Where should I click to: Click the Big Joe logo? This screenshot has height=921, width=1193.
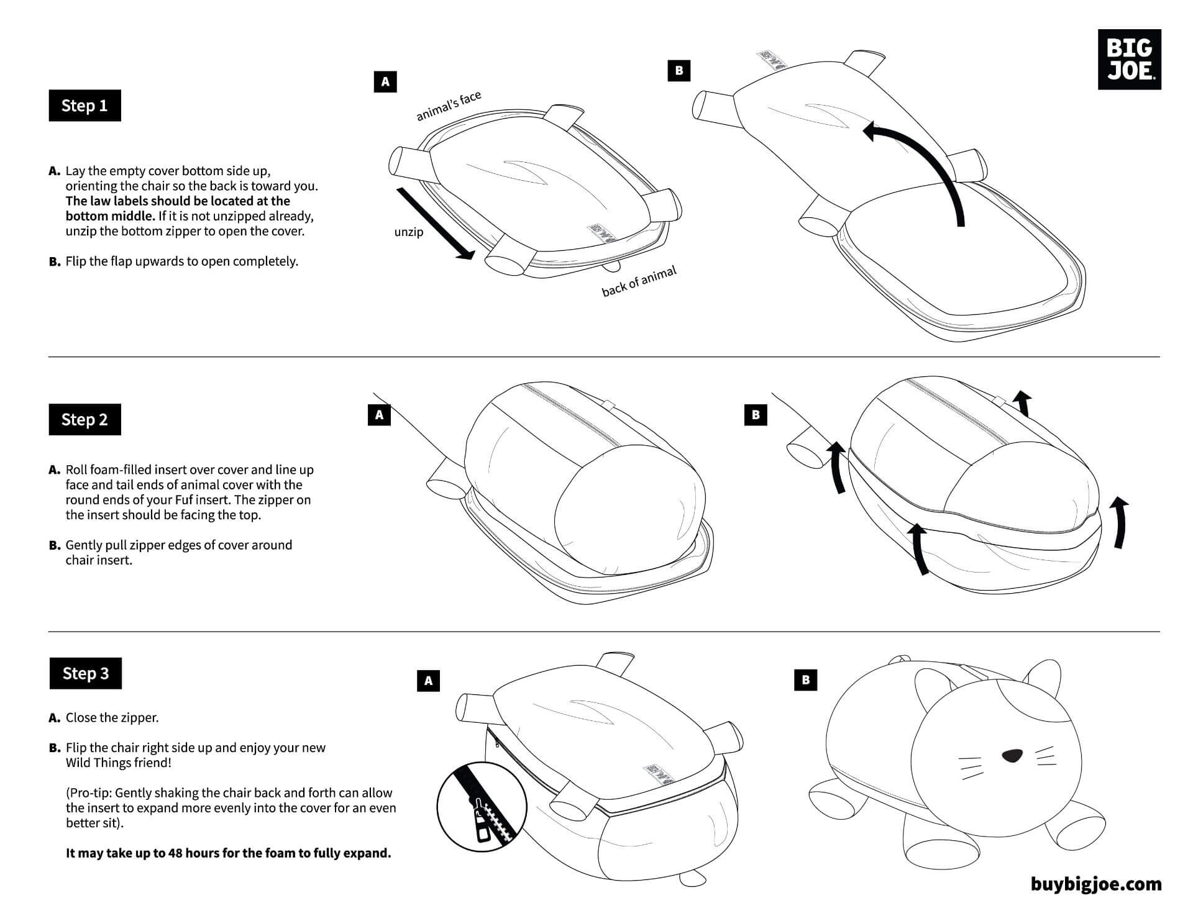(x=1129, y=59)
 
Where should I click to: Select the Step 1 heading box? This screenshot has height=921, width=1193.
(x=85, y=106)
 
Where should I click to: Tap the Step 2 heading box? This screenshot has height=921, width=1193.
(x=85, y=420)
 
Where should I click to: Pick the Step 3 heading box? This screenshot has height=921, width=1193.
(x=86, y=673)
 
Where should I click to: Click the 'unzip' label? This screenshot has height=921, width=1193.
(x=409, y=232)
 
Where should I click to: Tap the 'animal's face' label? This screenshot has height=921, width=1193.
(x=448, y=106)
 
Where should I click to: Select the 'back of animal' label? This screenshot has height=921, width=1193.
(x=639, y=281)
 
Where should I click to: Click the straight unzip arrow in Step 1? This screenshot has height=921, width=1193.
(x=435, y=224)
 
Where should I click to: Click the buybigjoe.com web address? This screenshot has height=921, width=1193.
(x=1096, y=884)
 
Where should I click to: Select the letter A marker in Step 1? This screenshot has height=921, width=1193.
(x=385, y=81)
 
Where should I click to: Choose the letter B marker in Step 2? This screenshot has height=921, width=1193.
(x=756, y=414)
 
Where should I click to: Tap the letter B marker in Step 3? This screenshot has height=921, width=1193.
(x=806, y=679)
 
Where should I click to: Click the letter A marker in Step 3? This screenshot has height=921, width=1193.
(x=428, y=681)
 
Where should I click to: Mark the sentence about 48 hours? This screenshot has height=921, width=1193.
(x=229, y=853)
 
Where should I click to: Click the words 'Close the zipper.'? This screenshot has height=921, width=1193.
(x=112, y=717)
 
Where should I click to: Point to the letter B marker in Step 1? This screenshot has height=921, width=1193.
(x=679, y=70)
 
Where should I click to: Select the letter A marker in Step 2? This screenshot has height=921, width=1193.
(x=379, y=414)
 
